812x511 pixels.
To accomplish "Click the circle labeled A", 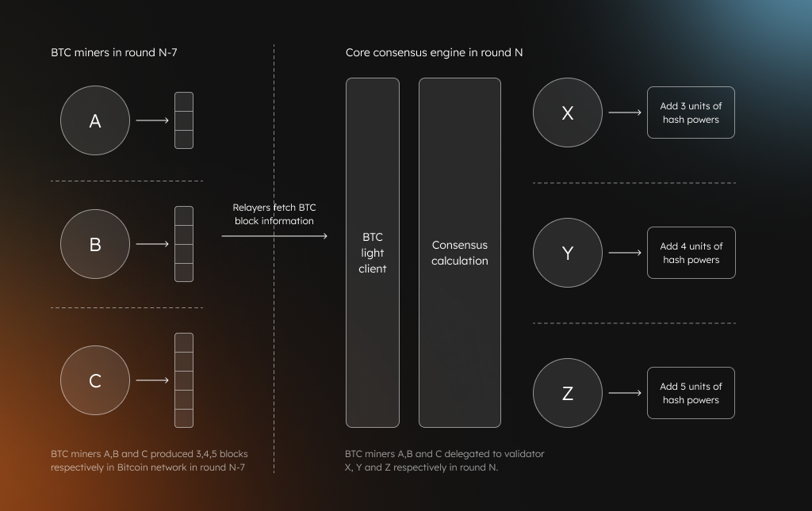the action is [95, 120].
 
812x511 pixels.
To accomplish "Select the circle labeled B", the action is [95, 244].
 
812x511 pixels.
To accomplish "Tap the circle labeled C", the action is [95, 380].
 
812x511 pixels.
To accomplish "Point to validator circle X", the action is [568, 112].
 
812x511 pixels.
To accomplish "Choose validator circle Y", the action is [568, 253].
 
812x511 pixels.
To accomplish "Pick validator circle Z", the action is [568, 393].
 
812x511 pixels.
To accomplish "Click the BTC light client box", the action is [373, 253].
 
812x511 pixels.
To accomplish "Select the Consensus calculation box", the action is [460, 253].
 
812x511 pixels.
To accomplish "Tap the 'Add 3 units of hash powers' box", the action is [691, 112].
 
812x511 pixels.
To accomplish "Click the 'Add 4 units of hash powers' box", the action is [691, 253].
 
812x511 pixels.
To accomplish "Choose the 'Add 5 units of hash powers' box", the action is [691, 393].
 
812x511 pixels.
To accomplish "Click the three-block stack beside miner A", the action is [184, 120].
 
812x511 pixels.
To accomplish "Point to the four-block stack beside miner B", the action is [184, 244].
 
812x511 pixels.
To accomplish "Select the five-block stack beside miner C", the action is [184, 380].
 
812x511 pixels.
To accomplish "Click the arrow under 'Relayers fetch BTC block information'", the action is [274, 236].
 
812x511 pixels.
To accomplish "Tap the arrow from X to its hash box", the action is [625, 112].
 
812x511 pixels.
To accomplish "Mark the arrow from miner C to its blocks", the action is [153, 380].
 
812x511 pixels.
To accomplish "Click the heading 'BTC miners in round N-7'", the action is [114, 52].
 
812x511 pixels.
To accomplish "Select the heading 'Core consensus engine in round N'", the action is [434, 53].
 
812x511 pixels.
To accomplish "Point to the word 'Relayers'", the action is [251, 208].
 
